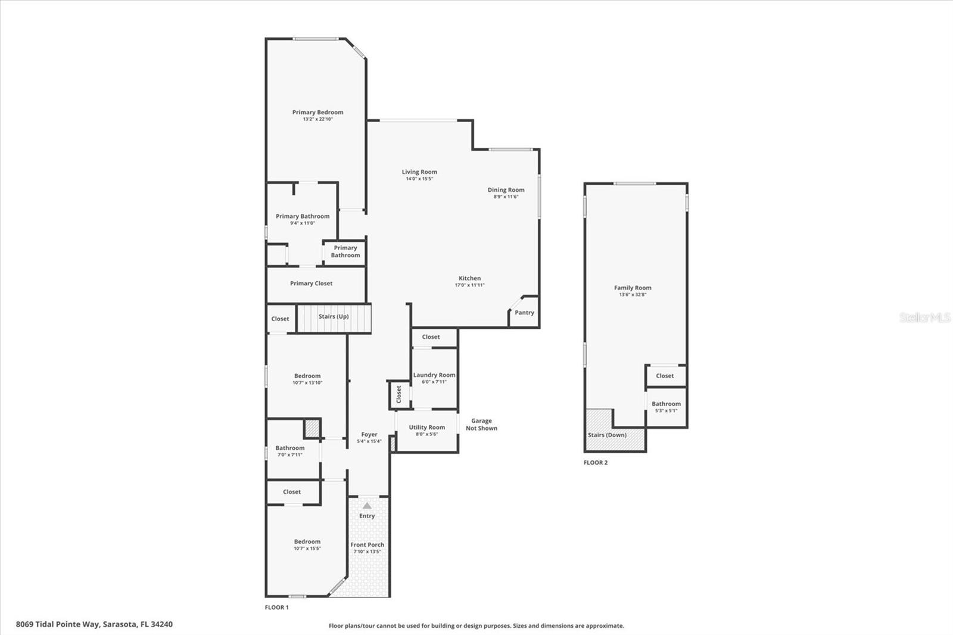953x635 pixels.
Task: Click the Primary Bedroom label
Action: tap(317, 113)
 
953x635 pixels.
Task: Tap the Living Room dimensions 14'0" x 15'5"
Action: tap(419, 179)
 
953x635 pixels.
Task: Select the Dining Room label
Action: tap(506, 190)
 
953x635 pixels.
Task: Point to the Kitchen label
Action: tap(470, 278)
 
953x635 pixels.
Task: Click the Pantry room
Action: tap(524, 312)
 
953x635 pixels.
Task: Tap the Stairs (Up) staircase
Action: tap(334, 318)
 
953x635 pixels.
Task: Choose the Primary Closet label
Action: tap(311, 284)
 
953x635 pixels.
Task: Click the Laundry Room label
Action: tap(434, 375)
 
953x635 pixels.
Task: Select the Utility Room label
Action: tap(426, 427)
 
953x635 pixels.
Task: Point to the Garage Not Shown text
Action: tap(481, 424)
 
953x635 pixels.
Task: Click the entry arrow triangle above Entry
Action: tap(367, 506)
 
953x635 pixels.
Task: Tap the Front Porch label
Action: tap(367, 545)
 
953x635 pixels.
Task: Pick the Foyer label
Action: tap(369, 434)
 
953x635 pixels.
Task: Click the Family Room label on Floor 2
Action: tap(633, 288)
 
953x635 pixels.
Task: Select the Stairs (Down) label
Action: tap(607, 435)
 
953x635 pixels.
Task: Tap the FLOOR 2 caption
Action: tap(596, 463)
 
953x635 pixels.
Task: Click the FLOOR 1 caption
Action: tap(276, 608)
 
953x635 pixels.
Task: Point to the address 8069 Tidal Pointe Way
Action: tap(58, 624)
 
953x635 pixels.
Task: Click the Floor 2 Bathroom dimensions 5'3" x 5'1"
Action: tap(666, 410)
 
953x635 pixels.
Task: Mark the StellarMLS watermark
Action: tap(925, 317)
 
